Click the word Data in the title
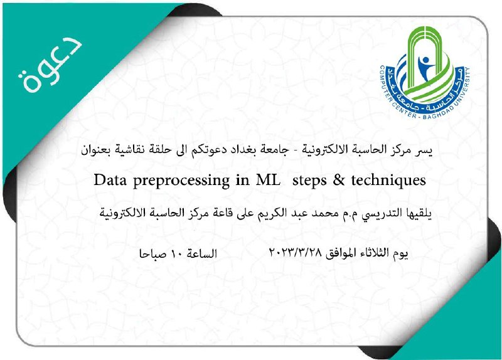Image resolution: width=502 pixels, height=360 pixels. click(110, 180)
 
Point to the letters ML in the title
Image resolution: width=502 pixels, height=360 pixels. click(268, 180)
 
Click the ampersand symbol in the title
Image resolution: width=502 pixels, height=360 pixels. click(339, 180)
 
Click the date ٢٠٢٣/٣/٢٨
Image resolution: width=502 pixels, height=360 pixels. click(296, 253)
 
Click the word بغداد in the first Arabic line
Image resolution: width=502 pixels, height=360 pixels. click(242, 150)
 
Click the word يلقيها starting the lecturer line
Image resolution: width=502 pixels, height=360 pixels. click(419, 213)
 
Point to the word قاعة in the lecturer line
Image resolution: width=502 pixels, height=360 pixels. click(223, 213)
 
